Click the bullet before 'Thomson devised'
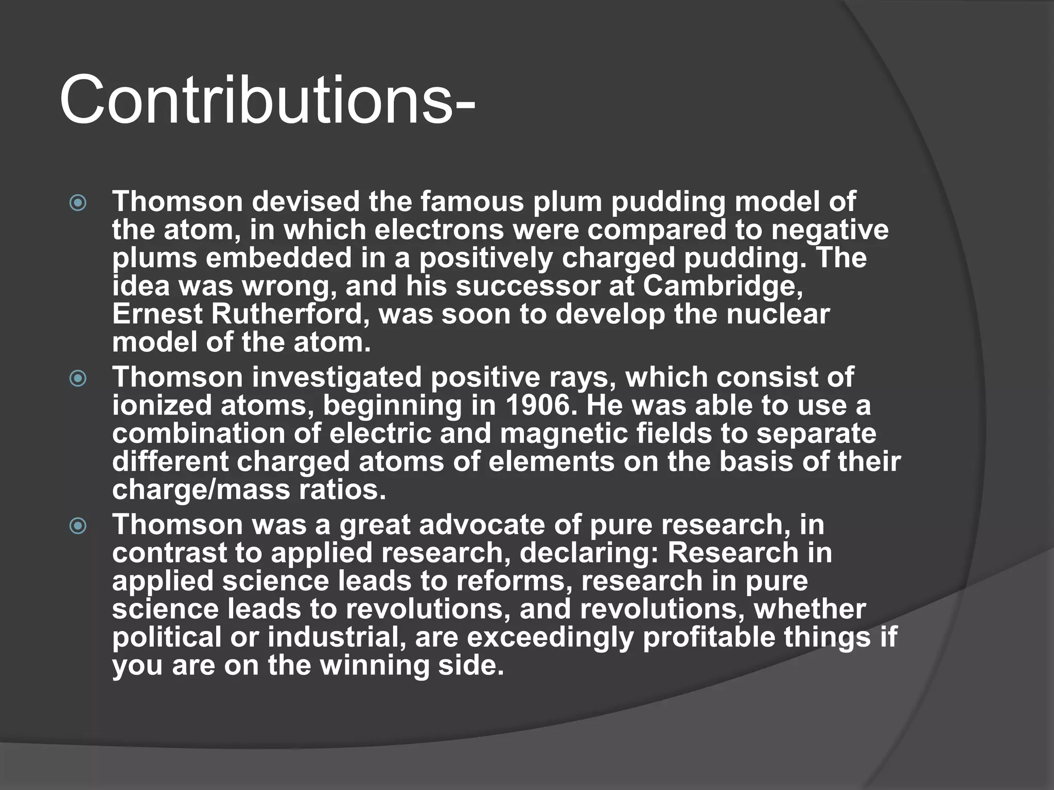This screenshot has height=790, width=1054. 78,203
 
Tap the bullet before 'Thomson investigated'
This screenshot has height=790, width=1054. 78,379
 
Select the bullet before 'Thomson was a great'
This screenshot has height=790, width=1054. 78,526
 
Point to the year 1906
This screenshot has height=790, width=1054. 538,405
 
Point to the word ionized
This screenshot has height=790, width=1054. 162,405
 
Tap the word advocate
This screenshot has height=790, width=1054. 482,525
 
